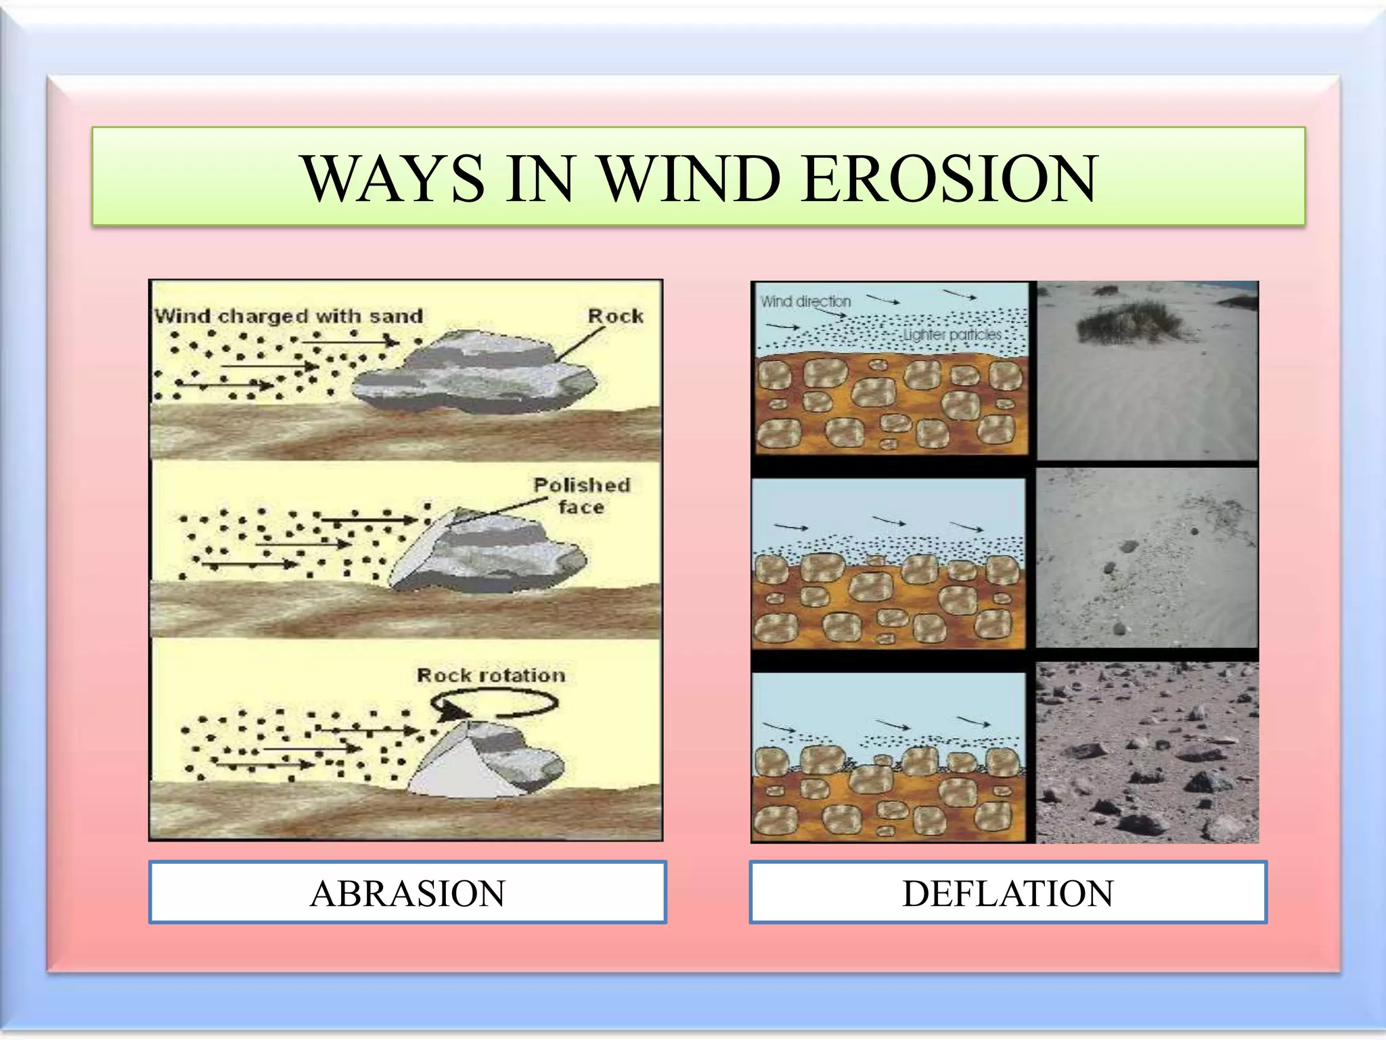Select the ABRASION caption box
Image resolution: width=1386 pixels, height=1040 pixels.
(x=407, y=892)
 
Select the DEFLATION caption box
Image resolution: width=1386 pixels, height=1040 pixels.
(x=1008, y=892)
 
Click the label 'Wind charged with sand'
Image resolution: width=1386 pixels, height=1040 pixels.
(x=289, y=316)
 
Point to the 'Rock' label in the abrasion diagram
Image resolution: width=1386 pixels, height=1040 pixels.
(x=615, y=316)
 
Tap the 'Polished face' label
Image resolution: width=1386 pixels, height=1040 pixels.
(x=581, y=496)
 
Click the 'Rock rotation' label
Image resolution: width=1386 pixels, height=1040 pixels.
(x=491, y=675)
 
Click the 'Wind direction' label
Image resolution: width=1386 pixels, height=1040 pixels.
(x=805, y=301)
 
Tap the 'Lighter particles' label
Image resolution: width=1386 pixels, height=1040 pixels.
(x=952, y=335)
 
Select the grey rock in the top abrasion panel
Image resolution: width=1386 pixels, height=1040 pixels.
(x=474, y=372)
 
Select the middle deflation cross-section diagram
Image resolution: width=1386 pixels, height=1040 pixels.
(x=889, y=563)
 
